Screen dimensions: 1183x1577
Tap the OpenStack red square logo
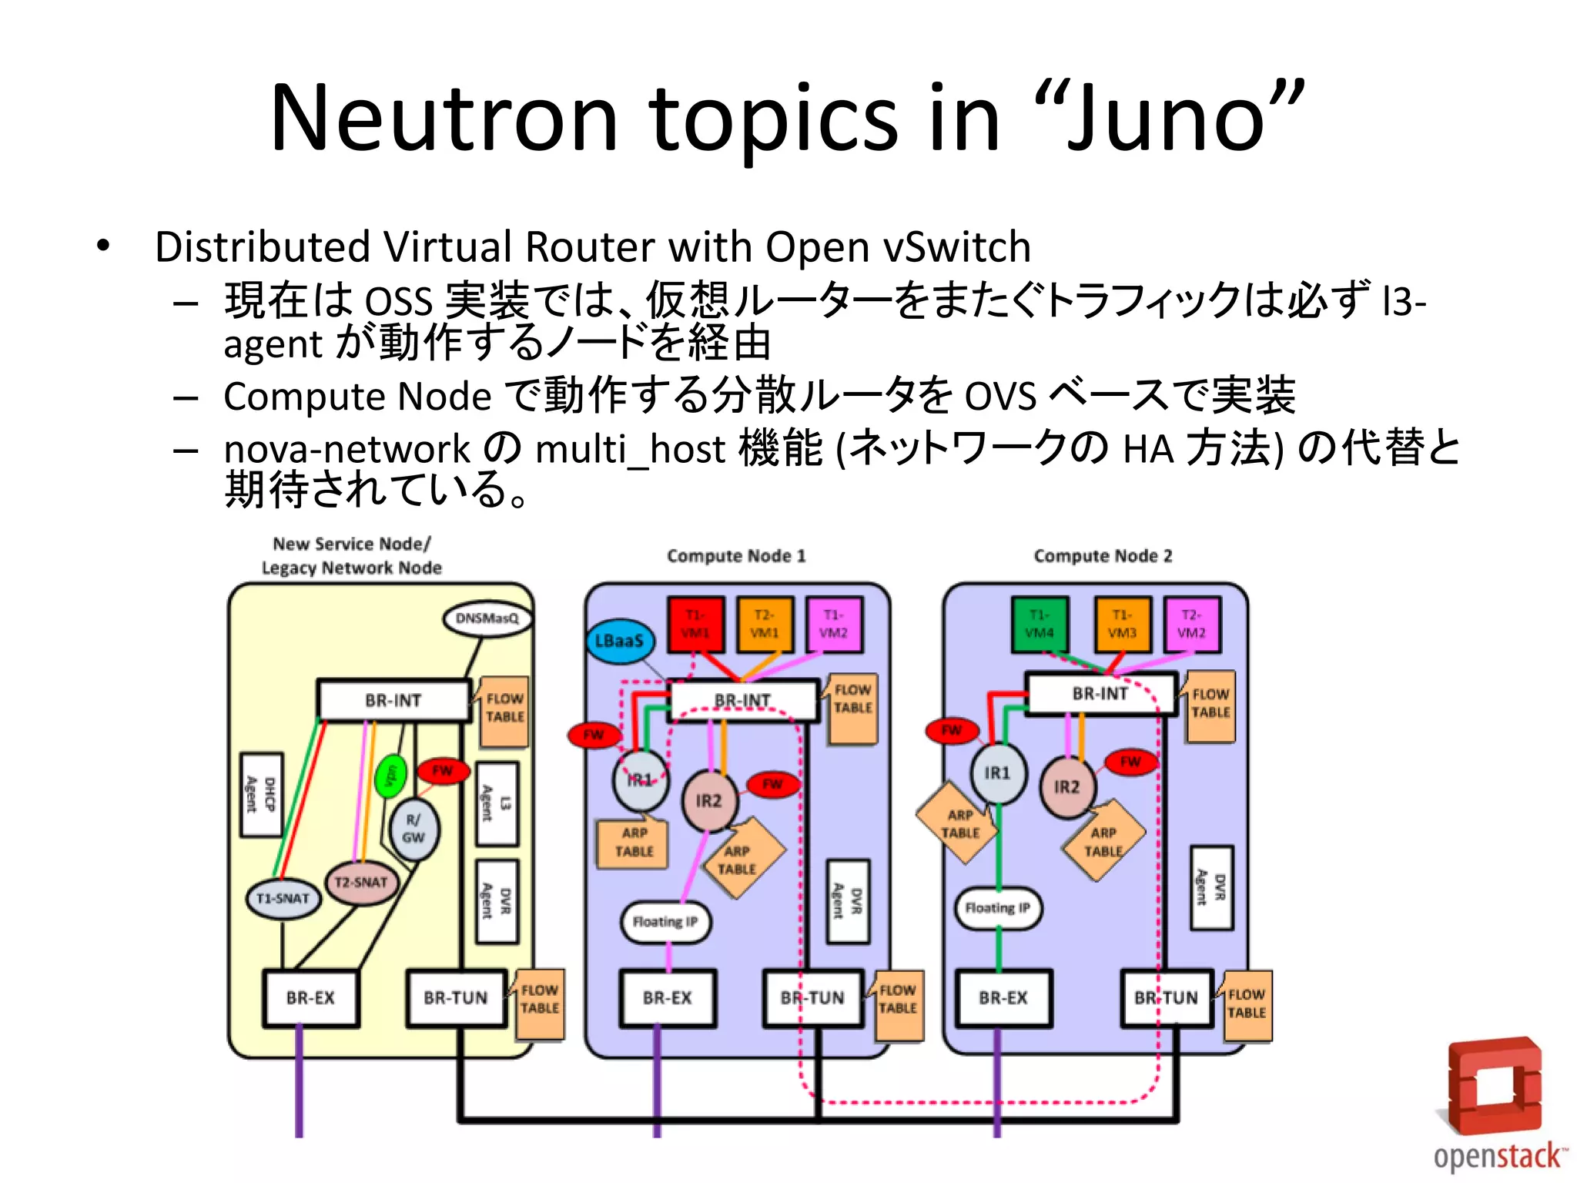click(x=1495, y=1087)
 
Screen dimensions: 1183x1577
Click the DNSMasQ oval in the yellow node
click(x=487, y=618)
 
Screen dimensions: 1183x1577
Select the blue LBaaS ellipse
click(x=619, y=640)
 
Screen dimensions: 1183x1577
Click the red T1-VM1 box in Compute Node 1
click(x=695, y=624)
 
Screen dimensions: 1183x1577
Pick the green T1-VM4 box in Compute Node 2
click(x=1039, y=624)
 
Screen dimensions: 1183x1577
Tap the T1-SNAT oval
click(x=283, y=899)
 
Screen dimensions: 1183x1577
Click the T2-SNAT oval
click(x=361, y=883)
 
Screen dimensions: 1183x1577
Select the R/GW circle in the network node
click(x=414, y=829)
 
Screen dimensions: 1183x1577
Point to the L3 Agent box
click(x=496, y=803)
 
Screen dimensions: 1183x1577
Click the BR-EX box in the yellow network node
click(x=310, y=998)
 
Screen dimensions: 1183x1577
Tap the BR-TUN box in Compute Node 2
click(x=1166, y=998)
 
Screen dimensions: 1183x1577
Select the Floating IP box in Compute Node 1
click(x=665, y=922)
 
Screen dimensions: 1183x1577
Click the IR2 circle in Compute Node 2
click(x=1067, y=786)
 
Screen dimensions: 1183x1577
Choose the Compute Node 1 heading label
click(x=736, y=556)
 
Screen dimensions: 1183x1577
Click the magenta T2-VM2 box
click(x=1191, y=624)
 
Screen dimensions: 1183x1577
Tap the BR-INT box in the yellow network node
click(x=393, y=700)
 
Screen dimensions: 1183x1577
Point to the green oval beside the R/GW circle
click(x=390, y=775)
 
